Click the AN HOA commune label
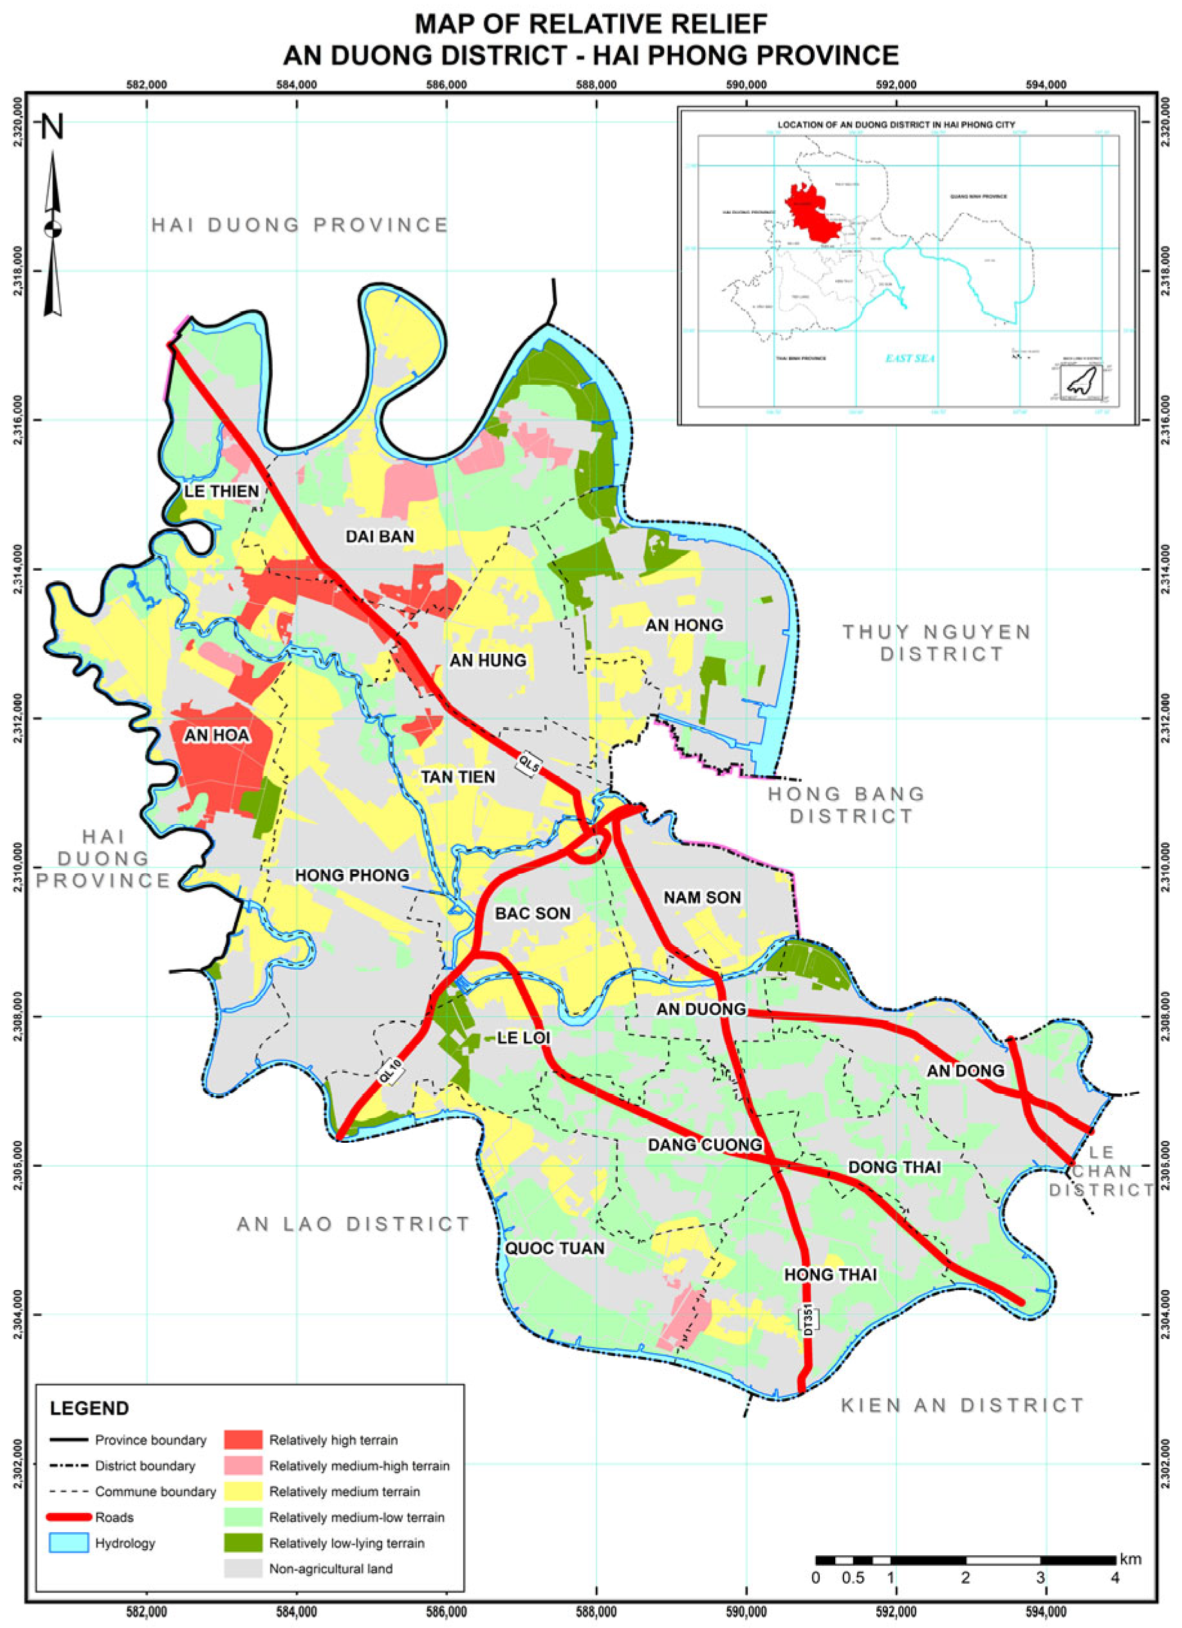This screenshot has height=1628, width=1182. (x=217, y=735)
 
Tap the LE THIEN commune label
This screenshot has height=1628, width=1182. (x=221, y=491)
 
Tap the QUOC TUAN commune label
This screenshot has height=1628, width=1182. (x=554, y=1248)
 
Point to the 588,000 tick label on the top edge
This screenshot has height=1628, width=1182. (x=596, y=85)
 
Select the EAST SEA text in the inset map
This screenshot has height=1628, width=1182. (x=909, y=358)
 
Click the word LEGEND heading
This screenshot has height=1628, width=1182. (x=89, y=1409)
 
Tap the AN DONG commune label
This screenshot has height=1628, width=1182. (x=965, y=1070)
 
